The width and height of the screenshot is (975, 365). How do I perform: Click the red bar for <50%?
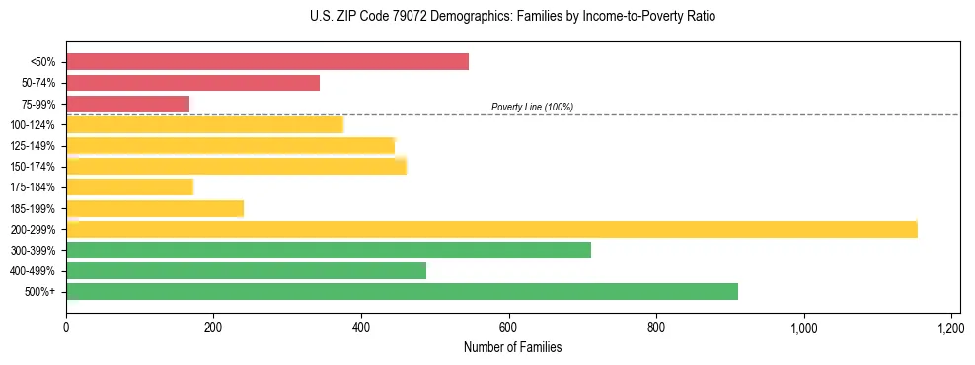tap(266, 62)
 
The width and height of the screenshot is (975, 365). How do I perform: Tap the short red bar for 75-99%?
tap(127, 104)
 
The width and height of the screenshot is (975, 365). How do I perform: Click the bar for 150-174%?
tap(236, 166)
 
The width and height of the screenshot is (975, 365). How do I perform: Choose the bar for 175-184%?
tap(129, 186)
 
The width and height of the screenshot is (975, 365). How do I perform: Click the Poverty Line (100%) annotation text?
tap(532, 107)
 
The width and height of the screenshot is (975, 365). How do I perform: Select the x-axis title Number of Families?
tap(512, 347)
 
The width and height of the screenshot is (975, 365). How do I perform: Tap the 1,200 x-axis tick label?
tap(950, 327)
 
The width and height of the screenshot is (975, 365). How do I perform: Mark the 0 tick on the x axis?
tap(66, 327)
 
